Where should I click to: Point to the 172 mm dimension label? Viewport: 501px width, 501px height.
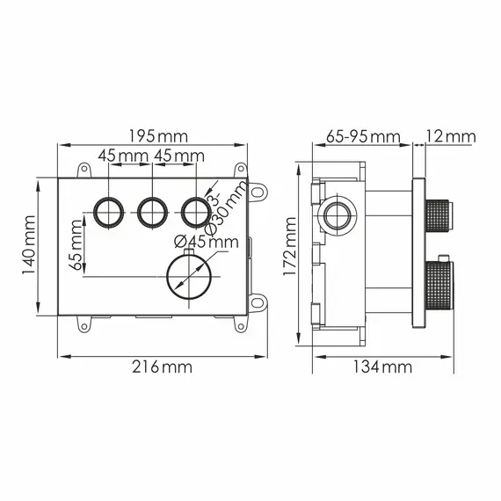click(288, 250)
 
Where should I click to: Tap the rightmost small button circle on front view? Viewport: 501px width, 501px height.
click(195, 211)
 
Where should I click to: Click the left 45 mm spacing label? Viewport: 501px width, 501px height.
click(122, 156)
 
